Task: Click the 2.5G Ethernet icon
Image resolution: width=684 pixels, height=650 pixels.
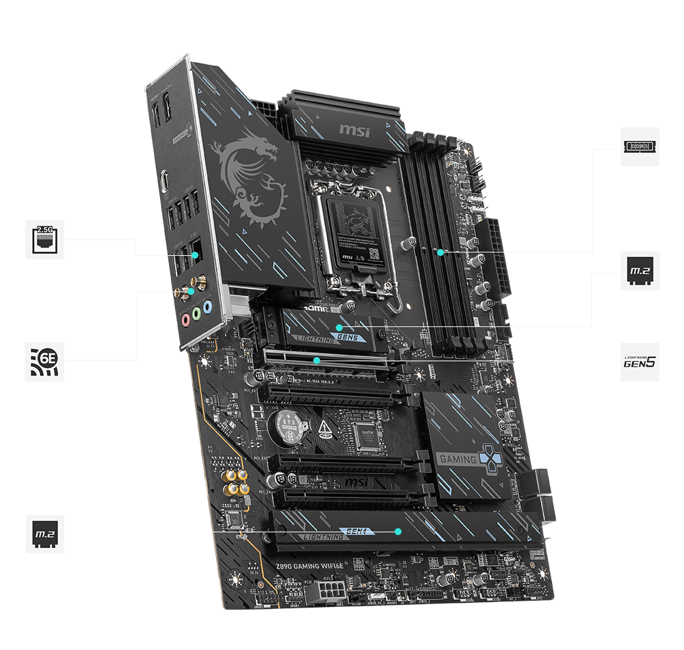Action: pyautogui.click(x=45, y=239)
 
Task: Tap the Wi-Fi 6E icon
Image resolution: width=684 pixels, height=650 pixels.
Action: pyautogui.click(x=45, y=361)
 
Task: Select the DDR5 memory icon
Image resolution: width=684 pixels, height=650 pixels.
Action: pyautogui.click(x=640, y=146)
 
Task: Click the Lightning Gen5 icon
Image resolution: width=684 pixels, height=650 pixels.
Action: pyautogui.click(x=640, y=362)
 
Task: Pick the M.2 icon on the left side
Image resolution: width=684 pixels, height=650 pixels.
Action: pyautogui.click(x=45, y=533)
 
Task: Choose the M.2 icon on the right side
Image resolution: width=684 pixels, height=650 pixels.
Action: pyautogui.click(x=640, y=272)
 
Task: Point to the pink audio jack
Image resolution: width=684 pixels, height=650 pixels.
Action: pyautogui.click(x=184, y=319)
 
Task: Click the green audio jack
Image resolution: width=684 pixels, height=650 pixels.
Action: pyautogui.click(x=196, y=314)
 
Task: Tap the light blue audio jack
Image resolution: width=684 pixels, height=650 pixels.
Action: pyautogui.click(x=208, y=308)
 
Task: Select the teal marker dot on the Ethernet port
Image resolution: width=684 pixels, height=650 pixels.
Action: pyautogui.click(x=196, y=256)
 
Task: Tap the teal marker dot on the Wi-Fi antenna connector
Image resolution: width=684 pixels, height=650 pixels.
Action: pyautogui.click(x=192, y=291)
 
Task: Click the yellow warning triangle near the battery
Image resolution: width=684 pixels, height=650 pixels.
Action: pyautogui.click(x=322, y=430)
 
